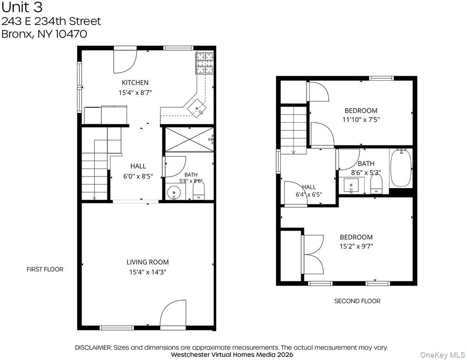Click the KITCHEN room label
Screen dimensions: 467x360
135,83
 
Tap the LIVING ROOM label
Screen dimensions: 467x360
147,262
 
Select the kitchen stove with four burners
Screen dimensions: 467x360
205,63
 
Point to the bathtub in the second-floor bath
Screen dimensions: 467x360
401,167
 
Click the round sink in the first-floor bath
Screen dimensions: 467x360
174,193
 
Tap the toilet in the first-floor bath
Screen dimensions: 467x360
199,191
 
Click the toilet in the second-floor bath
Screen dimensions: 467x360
376,184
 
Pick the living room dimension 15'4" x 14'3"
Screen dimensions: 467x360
147,272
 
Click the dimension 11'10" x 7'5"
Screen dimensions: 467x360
361,120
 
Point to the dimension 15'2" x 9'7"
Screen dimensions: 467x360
356,246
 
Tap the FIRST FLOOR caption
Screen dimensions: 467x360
45,269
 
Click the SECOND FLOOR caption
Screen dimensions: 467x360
357,301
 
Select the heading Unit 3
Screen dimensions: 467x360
22,7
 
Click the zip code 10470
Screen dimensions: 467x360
71,34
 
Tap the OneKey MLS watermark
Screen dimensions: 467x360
442,355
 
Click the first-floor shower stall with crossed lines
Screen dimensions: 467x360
189,139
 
